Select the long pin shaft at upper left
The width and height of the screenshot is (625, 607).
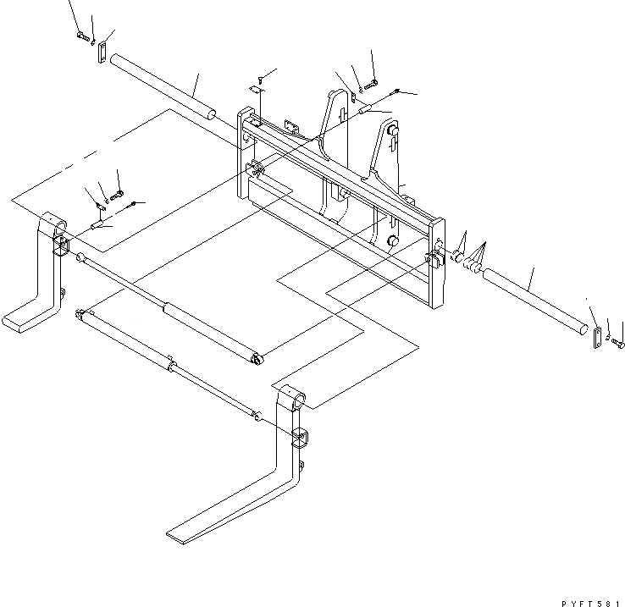click(165, 87)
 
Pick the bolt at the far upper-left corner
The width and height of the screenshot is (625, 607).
click(82, 36)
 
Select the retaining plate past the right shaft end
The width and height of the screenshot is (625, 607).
click(596, 336)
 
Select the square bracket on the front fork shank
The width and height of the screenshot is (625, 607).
click(301, 439)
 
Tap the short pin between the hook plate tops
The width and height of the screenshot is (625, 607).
click(365, 108)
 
